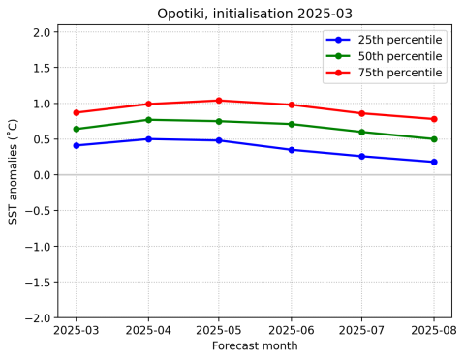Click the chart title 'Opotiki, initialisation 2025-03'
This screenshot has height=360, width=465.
(255, 14)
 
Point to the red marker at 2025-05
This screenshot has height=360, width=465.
(219, 101)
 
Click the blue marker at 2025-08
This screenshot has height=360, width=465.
(434, 162)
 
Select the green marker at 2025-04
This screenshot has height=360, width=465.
(148, 120)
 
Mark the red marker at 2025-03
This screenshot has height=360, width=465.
(77, 112)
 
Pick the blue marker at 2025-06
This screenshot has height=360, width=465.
(292, 150)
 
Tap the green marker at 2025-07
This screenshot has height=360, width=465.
(362, 133)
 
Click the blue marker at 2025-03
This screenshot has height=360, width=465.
(77, 145)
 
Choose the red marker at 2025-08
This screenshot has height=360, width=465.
(434, 119)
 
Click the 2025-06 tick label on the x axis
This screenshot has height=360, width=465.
(292, 331)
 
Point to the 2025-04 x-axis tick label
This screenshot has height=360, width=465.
(148, 331)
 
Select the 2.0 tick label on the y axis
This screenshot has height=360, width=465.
(41, 32)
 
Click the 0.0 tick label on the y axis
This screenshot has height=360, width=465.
(41, 175)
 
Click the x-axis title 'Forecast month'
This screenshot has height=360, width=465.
(255, 346)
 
